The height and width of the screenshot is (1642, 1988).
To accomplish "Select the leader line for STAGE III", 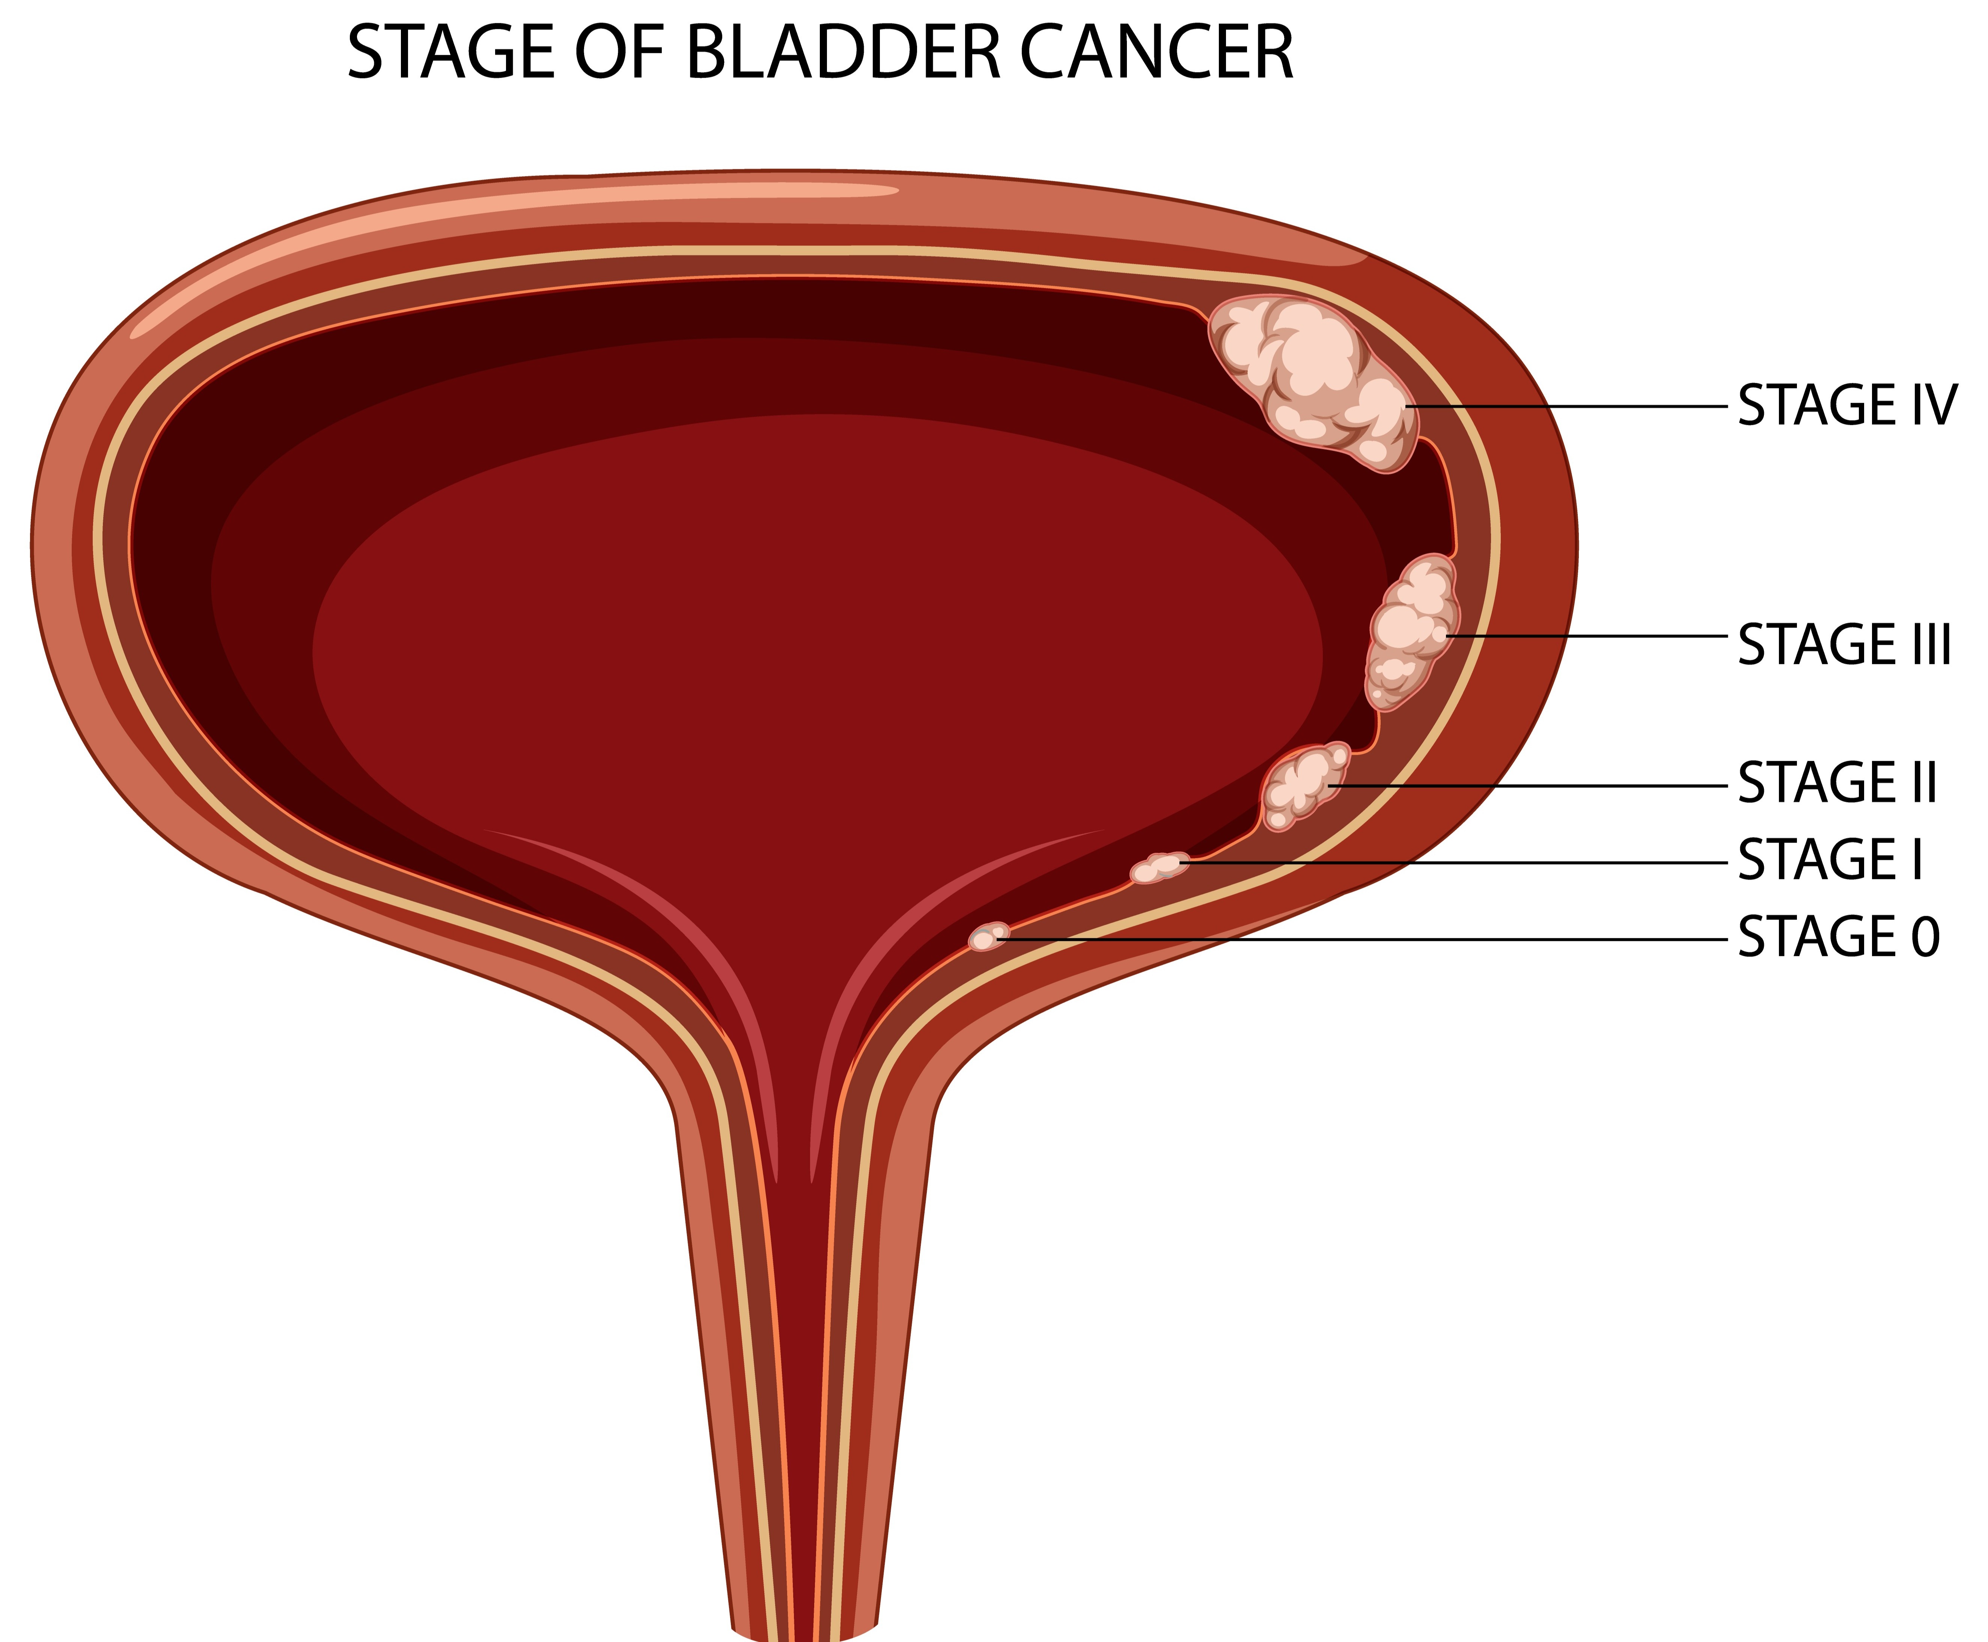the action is pyautogui.click(x=1587, y=637).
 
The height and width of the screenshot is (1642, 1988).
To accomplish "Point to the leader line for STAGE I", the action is pyautogui.click(x=1453, y=862).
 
